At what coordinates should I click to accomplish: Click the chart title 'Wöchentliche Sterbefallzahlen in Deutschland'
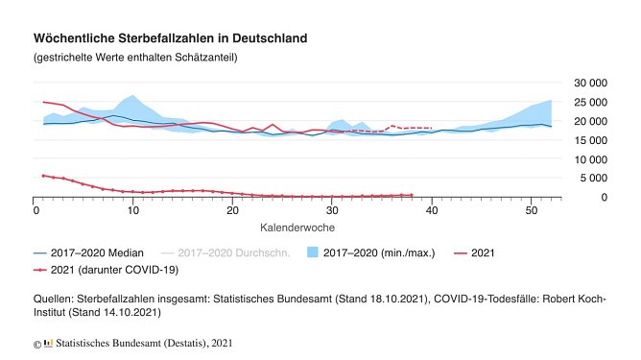point(170,38)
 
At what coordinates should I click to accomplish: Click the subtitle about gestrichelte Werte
point(134,58)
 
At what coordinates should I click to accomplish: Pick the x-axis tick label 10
point(133,209)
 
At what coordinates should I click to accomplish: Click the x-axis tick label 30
point(331,209)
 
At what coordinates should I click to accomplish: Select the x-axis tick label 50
point(529,209)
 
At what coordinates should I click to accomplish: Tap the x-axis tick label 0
point(35,209)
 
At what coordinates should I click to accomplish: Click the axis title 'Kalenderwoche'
point(296,228)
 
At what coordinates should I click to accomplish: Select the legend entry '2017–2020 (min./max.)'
point(378,252)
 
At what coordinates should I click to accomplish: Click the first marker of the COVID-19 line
point(44,176)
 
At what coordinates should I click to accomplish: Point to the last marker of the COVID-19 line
point(411,195)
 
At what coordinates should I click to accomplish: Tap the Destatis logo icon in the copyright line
point(48,342)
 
